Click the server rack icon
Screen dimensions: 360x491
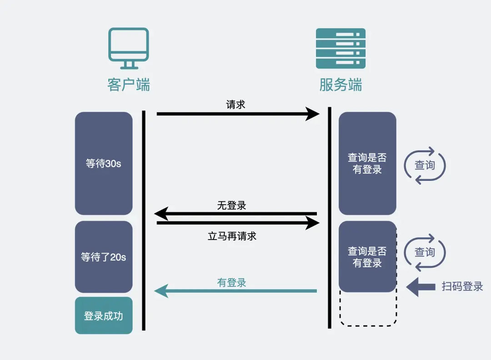341,49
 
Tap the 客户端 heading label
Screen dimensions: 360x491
129,85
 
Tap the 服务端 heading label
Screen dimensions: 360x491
341,85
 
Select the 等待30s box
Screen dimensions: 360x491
104,163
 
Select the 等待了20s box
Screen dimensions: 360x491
104,257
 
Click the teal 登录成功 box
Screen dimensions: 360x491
104,315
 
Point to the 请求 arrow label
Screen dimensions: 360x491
235,105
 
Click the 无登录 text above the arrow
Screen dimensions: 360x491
231,205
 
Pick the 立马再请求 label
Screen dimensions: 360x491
232,236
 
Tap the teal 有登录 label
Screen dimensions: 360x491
231,283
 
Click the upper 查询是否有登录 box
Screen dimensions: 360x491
367,163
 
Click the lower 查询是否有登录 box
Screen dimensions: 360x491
367,256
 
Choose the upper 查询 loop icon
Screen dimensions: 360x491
425,165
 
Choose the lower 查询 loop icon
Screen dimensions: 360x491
425,252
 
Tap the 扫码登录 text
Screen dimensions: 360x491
462,286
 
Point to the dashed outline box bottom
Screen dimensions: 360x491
368,325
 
